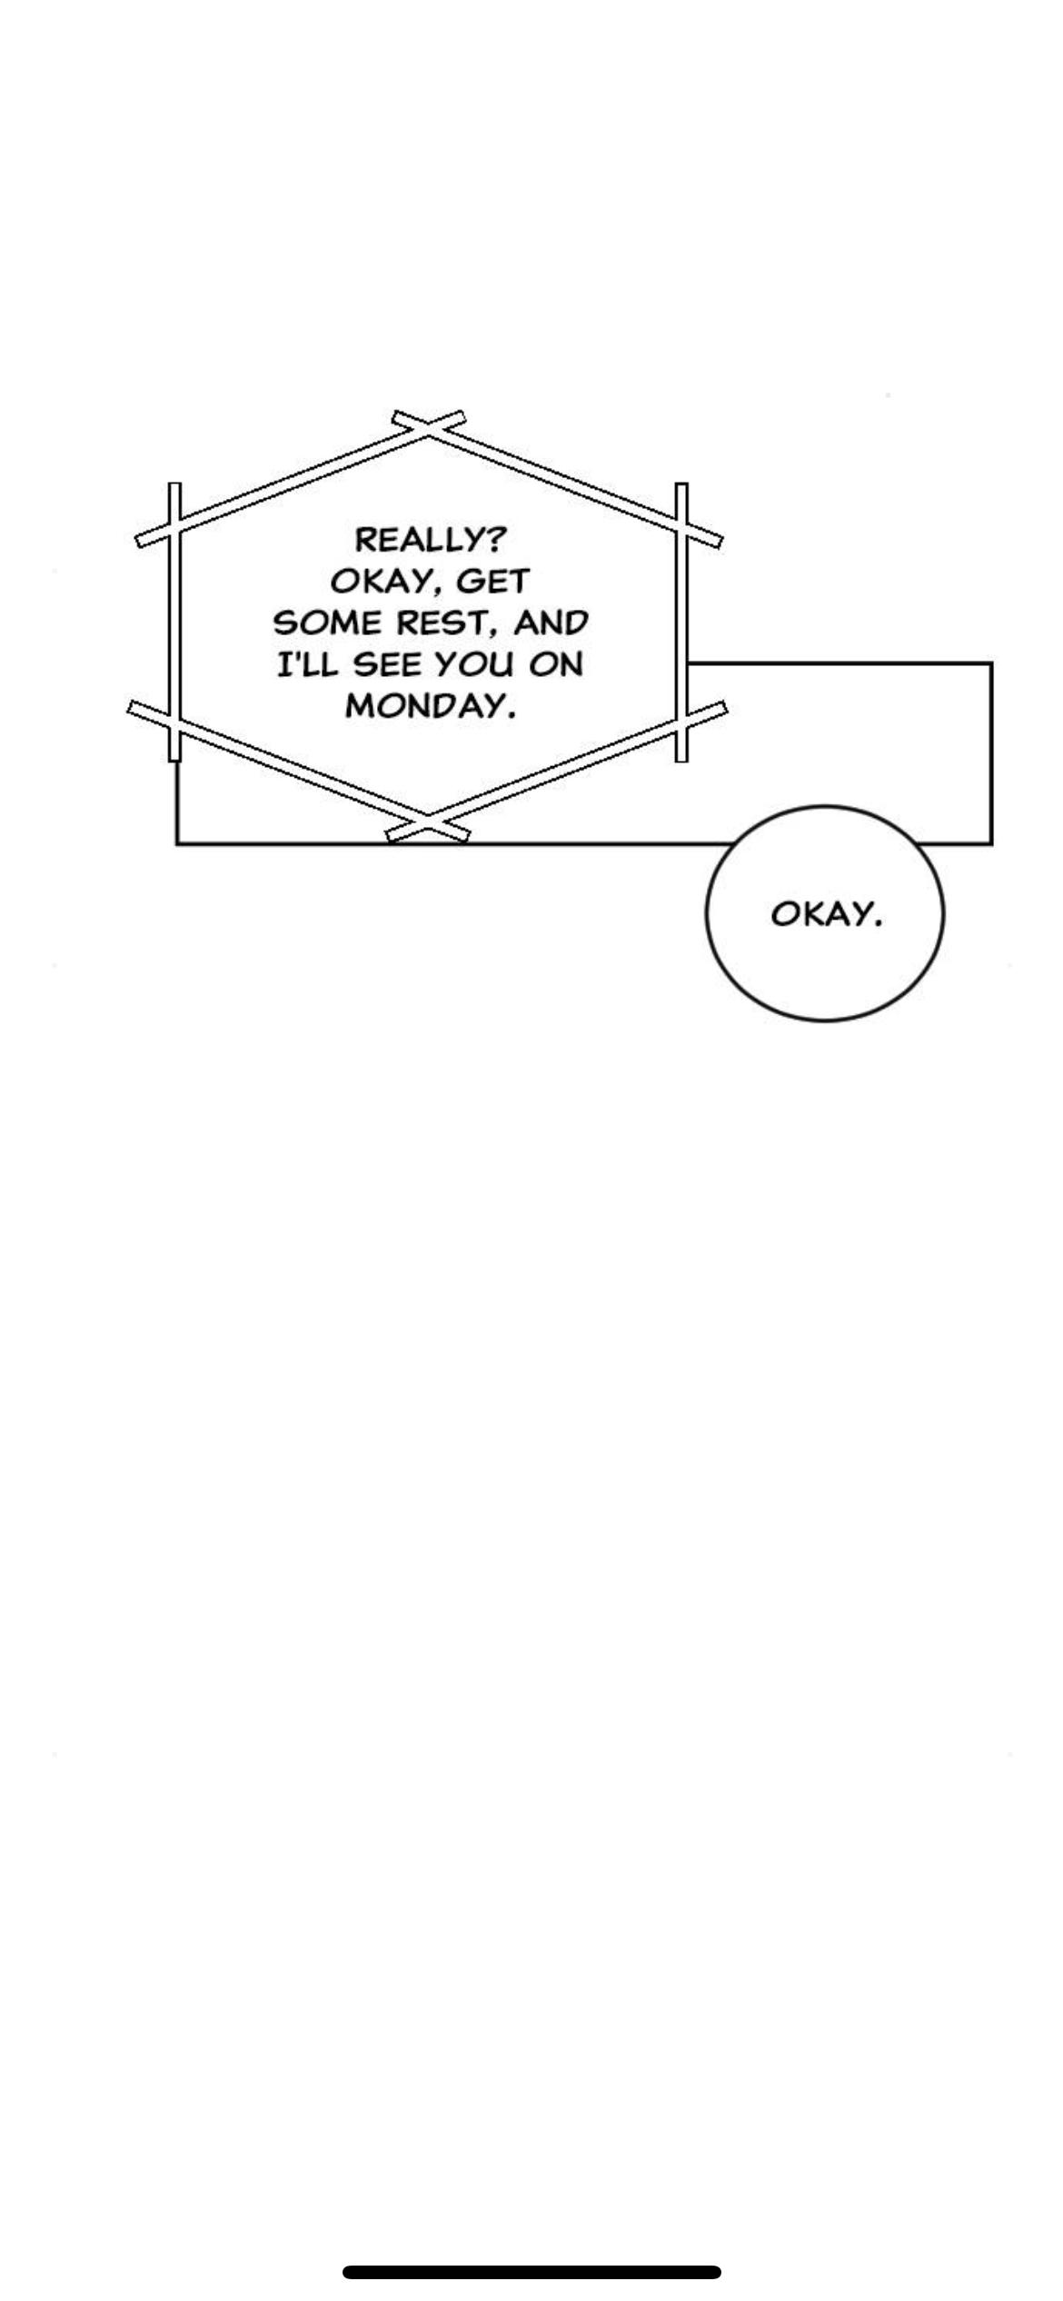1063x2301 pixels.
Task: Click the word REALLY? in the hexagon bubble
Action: (x=429, y=540)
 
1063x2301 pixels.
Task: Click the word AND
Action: (x=551, y=623)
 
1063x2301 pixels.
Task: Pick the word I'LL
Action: (x=306, y=665)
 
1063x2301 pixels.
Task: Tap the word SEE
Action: (x=387, y=665)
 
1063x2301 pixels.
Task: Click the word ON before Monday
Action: (x=556, y=665)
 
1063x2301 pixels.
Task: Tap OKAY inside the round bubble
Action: (x=825, y=914)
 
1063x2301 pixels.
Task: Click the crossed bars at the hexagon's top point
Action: (x=429, y=428)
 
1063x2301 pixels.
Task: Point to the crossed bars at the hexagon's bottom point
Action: (x=428, y=824)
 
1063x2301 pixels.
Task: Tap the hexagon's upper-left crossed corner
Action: (x=174, y=524)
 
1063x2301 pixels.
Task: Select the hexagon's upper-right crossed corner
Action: (x=681, y=523)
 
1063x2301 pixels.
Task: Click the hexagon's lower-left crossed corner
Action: (x=174, y=722)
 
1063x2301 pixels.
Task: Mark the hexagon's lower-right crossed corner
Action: (x=681, y=722)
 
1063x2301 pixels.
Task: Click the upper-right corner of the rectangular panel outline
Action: (x=991, y=664)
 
